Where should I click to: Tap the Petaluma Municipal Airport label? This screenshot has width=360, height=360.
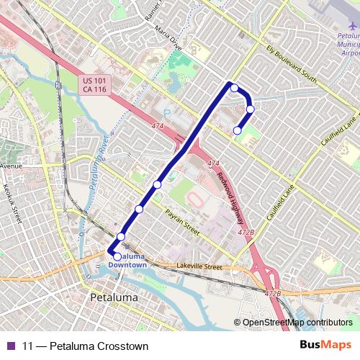point(348,43)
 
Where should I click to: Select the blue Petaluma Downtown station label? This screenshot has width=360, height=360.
point(128,261)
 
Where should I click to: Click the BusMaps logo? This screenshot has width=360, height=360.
point(326,346)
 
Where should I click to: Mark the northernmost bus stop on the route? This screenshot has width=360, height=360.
point(234,88)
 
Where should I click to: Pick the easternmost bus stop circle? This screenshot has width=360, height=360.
point(251,109)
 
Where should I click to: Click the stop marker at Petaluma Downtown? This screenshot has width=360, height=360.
point(117,256)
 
